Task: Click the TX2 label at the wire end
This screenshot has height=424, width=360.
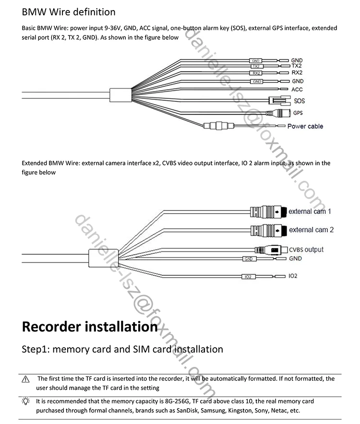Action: [297, 66]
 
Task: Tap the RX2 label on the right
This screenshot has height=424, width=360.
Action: [297, 72]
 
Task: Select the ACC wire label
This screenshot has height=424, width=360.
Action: [297, 90]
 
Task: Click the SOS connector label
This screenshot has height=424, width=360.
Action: [299, 101]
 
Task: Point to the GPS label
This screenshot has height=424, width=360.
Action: [299, 114]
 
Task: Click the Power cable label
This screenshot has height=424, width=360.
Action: [305, 127]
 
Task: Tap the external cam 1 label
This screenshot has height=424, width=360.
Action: [310, 212]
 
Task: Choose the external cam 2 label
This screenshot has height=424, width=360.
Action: [312, 230]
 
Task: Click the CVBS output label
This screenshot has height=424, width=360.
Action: [306, 249]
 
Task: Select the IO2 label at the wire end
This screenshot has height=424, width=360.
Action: [293, 277]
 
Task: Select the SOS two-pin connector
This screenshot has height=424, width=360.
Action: [277, 101]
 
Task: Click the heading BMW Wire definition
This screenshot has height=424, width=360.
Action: [69, 12]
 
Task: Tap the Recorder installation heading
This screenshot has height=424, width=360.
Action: [90, 327]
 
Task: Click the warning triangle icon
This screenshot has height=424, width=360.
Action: [26, 379]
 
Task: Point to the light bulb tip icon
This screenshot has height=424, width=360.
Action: [26, 401]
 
